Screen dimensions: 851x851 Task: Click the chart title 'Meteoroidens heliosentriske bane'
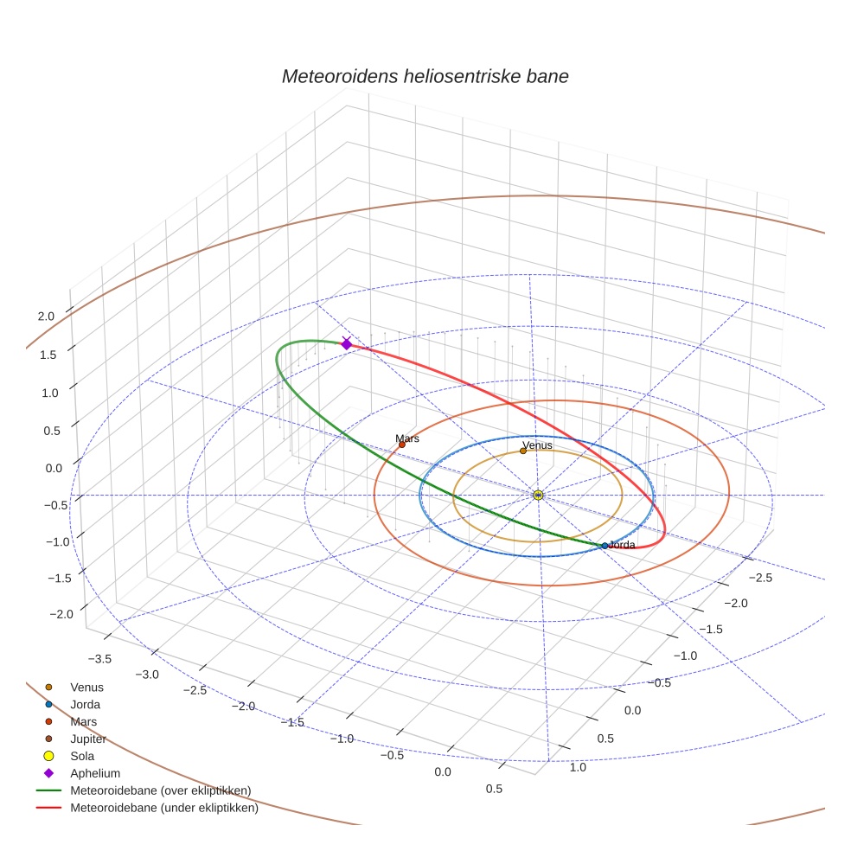click(425, 76)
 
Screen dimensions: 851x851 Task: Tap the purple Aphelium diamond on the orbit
click(347, 343)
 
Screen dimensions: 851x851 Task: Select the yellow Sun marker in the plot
click(538, 495)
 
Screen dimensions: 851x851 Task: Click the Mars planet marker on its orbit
click(401, 445)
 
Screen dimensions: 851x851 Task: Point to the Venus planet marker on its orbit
click(523, 451)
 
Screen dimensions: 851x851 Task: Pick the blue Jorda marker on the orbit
click(605, 546)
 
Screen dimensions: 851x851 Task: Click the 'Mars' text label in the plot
click(408, 438)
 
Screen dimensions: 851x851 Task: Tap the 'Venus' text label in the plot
click(538, 445)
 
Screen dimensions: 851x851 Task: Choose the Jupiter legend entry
click(88, 739)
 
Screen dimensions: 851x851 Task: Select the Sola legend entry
click(82, 756)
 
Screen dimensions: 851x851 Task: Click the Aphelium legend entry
click(94, 773)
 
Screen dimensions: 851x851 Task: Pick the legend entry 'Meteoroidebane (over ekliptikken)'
click(160, 790)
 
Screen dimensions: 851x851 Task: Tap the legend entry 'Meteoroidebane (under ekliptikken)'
click(163, 809)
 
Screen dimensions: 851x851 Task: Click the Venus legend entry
click(86, 687)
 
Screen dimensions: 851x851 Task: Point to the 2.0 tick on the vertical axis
click(46, 317)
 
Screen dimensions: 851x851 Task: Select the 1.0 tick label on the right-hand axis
click(577, 767)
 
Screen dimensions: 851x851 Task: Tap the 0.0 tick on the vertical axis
click(54, 468)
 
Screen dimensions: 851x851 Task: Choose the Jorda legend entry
click(85, 704)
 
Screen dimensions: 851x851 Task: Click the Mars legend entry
click(83, 721)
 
